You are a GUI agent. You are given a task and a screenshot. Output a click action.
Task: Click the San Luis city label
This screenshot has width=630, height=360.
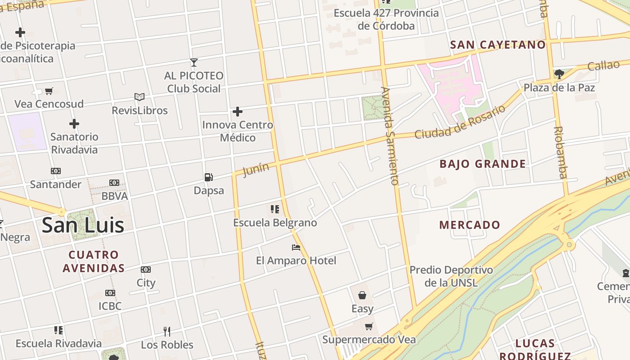pyautogui.click(x=83, y=225)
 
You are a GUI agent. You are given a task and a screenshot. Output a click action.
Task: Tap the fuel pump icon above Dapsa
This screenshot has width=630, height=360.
pyautogui.click(x=208, y=177)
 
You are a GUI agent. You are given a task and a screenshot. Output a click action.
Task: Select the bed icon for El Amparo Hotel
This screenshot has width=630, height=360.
pyautogui.click(x=296, y=247)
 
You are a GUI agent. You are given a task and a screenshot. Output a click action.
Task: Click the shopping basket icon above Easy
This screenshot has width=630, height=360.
pyautogui.click(x=362, y=295)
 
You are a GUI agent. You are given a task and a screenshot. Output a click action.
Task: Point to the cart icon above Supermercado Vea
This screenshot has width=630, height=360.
pyautogui.click(x=369, y=326)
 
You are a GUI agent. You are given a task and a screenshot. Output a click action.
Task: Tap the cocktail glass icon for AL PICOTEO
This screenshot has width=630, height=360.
pyautogui.click(x=194, y=63)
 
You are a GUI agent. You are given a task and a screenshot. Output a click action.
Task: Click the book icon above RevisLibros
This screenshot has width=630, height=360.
pyautogui.click(x=139, y=97)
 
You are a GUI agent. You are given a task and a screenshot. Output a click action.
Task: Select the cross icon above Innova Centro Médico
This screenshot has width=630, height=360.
pyautogui.click(x=238, y=112)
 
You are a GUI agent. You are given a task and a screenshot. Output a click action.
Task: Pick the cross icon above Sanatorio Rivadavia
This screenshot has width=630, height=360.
pyautogui.click(x=74, y=124)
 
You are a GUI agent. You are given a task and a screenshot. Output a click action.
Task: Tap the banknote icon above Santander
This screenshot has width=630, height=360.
pyautogui.click(x=56, y=171)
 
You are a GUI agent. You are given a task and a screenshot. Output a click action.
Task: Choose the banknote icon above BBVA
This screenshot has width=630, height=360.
pyautogui.click(x=114, y=183)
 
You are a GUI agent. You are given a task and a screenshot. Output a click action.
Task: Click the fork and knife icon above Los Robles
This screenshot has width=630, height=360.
pyautogui.click(x=167, y=332)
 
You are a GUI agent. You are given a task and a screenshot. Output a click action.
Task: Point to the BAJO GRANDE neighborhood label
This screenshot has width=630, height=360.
pyautogui.click(x=482, y=164)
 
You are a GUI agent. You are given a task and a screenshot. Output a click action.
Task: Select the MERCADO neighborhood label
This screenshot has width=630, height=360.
pyautogui.click(x=469, y=225)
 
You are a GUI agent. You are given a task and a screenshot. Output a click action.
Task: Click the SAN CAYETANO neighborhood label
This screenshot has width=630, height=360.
pyautogui.click(x=498, y=45)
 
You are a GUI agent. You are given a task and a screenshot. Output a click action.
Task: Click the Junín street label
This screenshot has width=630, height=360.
pyautogui.click(x=256, y=170)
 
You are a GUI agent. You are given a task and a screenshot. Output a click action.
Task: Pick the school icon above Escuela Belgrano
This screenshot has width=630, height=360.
pyautogui.click(x=274, y=209)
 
